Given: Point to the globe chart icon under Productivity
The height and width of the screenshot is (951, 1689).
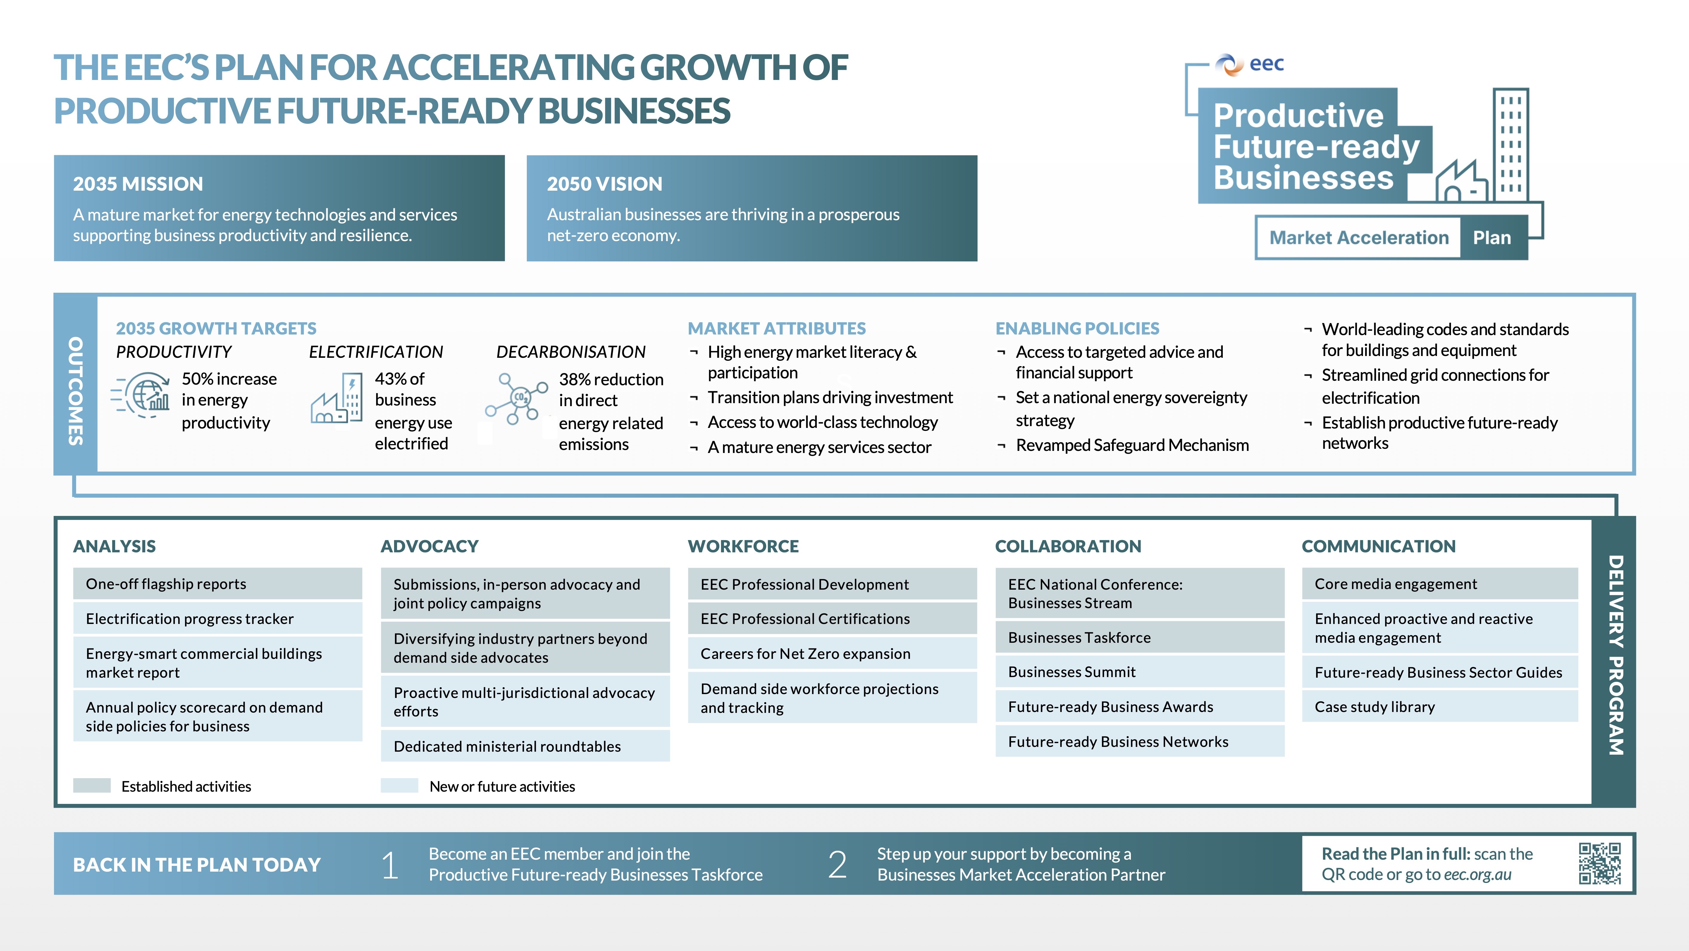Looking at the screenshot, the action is point(141,394).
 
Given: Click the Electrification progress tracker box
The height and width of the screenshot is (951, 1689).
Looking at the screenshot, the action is point(218,619).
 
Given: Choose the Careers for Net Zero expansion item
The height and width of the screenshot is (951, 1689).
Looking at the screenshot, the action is point(832,653).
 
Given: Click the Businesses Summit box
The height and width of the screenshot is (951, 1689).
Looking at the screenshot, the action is point(1140,672).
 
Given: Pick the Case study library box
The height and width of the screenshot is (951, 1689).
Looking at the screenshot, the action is point(1440,706).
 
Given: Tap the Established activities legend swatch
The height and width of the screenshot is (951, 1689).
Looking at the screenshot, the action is point(92,786).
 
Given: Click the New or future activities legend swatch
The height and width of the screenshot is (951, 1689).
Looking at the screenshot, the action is point(399,786).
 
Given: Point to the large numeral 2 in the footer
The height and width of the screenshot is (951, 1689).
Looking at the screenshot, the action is point(837,864).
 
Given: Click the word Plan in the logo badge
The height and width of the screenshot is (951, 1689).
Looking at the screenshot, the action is point(1492,238).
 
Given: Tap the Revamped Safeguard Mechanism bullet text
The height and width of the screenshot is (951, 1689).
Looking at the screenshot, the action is point(1132,445).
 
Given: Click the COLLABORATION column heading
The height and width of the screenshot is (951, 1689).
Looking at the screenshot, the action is point(1068,546).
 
